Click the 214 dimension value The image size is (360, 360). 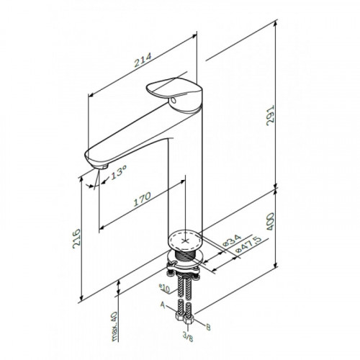[143, 60]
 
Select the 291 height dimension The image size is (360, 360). [270, 115]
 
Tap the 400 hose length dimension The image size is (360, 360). [270, 221]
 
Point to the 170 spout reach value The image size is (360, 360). [142, 199]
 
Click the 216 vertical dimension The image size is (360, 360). [77, 238]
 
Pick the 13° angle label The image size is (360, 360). [119, 173]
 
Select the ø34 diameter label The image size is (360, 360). [232, 241]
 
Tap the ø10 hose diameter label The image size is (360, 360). [164, 288]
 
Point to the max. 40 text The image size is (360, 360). [114, 326]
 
